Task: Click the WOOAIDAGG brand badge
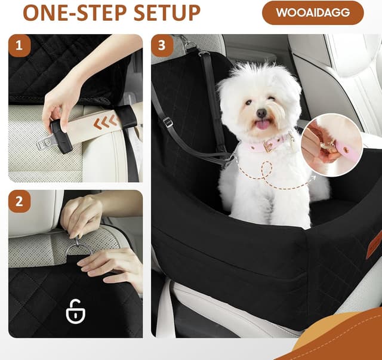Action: click(313, 13)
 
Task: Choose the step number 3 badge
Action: click(162, 45)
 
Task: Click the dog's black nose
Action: click(261, 113)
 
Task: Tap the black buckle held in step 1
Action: click(61, 135)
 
